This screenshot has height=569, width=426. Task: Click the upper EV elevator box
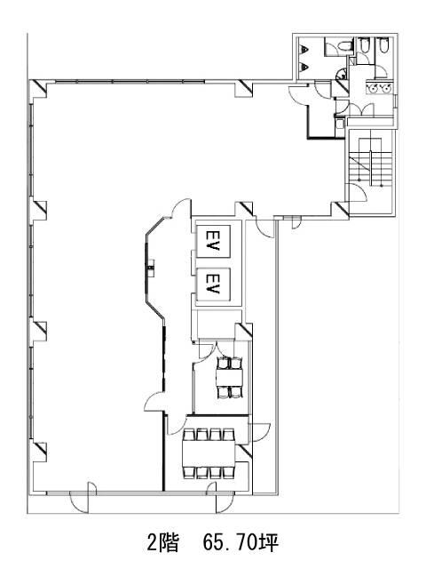point(213,241)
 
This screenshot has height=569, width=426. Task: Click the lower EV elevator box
point(213,284)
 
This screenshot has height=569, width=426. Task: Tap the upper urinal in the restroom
point(305,50)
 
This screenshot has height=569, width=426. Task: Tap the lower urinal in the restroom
point(305,67)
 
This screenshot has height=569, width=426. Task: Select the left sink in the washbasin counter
point(374,87)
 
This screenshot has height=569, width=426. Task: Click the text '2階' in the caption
point(163,543)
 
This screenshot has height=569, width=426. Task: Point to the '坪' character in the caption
point(268,543)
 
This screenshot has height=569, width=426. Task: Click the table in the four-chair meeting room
point(229,378)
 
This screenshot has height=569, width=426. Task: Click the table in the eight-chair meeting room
point(209,453)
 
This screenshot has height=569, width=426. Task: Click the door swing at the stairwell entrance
point(358,192)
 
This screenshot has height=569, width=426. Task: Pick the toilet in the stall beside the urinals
point(343,47)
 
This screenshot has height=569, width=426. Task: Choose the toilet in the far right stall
point(383,45)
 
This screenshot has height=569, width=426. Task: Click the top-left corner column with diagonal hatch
point(38,89)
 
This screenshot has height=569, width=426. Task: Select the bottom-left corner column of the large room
point(38,452)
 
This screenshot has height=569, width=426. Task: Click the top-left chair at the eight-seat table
point(189,435)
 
